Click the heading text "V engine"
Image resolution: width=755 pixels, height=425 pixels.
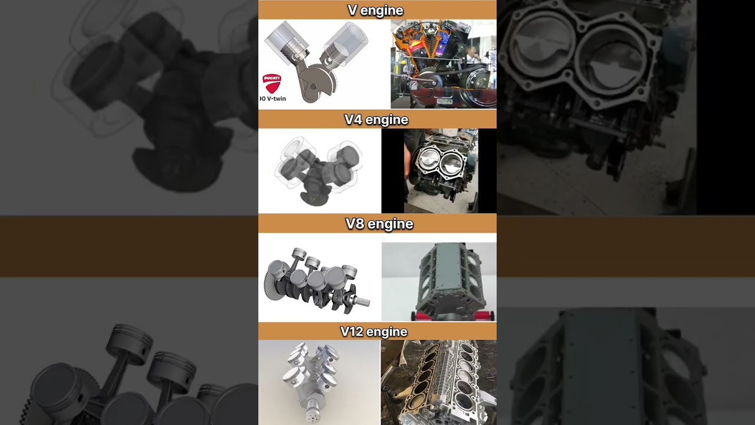pyautogui.click(x=375, y=10)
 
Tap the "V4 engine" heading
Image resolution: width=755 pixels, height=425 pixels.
pyautogui.click(x=376, y=120)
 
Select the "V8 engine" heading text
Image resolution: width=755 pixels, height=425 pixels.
pyautogui.click(x=379, y=224)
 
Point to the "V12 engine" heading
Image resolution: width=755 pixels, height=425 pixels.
pyautogui.click(x=373, y=332)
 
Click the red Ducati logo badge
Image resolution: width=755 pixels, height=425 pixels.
pyautogui.click(x=271, y=83)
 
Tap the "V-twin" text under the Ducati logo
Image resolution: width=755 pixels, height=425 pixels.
pyautogui.click(x=275, y=99)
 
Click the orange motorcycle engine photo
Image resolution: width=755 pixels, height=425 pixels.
pyautogui.click(x=443, y=64)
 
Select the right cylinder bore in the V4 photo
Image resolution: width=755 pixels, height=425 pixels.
pyautogui.click(x=452, y=159)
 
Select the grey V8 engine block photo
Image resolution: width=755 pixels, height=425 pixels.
pyautogui.click(x=439, y=280)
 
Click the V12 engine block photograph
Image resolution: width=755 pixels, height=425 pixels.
pyautogui.click(x=438, y=382)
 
